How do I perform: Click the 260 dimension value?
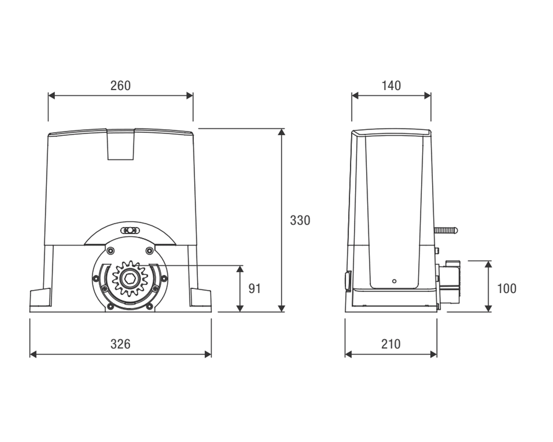pos(121,85)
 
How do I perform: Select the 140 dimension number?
pos(391,85)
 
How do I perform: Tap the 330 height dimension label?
pos(300,220)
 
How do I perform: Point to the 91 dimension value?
pos(255,288)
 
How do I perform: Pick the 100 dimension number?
pos(507,288)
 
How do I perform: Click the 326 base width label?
pos(121,344)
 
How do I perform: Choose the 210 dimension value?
pos(391,344)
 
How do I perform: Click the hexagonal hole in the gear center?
pos(130,279)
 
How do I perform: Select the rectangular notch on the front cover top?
pos(121,144)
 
